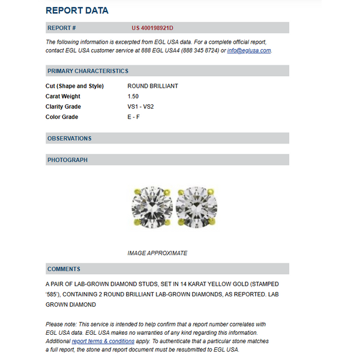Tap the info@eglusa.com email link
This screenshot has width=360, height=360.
pyautogui.click(x=249, y=50)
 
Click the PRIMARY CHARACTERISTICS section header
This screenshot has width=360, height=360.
pyautogui.click(x=88, y=71)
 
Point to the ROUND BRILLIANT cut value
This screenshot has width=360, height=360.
pyautogui.click(x=152, y=86)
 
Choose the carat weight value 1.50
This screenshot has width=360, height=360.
pyautogui.click(x=133, y=96)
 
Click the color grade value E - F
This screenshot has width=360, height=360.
pyautogui.click(x=134, y=117)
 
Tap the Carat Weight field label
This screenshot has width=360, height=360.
pyautogui.click(x=63, y=96)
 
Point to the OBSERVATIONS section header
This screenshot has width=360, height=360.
pyautogui.click(x=70, y=138)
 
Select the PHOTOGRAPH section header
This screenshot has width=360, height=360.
pyautogui.click(x=67, y=160)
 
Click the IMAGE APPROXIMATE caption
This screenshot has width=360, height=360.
pyautogui.click(x=157, y=253)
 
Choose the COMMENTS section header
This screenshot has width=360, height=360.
pyautogui.click(x=64, y=269)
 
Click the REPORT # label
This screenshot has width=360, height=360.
pyautogui.click(x=61, y=28)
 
